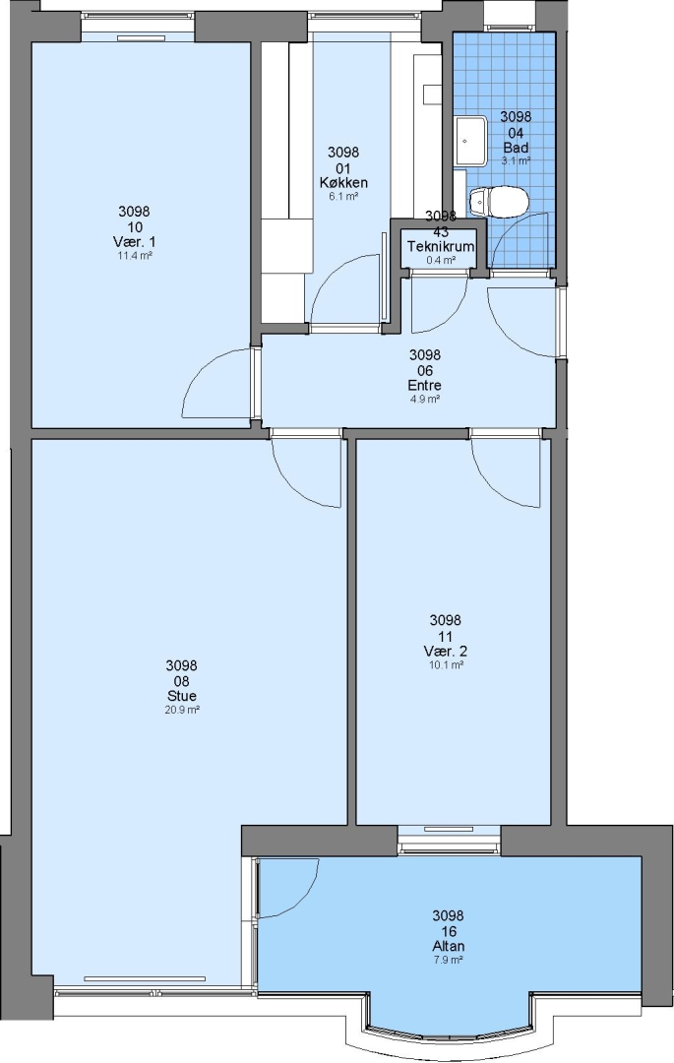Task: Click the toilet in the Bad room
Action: (499, 202)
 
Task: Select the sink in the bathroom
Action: (470, 141)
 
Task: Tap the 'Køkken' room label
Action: (343, 182)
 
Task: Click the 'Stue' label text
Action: (182, 696)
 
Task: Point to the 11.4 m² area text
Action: (134, 256)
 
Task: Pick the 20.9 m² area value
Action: (182, 710)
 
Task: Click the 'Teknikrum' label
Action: (440, 247)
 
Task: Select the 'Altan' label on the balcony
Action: (449, 947)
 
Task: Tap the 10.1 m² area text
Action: (446, 665)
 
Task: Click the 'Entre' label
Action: (425, 385)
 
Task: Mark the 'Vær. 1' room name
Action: (134, 242)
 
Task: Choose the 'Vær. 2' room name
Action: (446, 651)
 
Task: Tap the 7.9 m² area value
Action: (449, 961)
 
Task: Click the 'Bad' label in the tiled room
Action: (516, 147)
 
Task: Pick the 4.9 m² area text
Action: (425, 400)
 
